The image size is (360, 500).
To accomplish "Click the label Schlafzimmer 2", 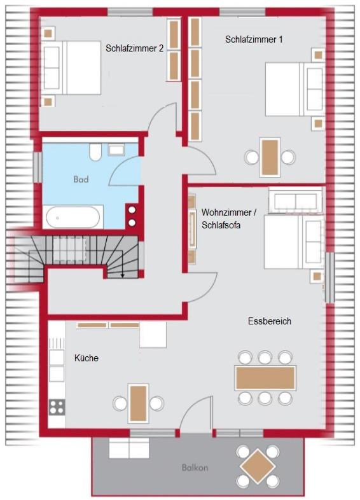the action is [x=134, y=48].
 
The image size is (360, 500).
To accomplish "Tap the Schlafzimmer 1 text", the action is [x=254, y=39].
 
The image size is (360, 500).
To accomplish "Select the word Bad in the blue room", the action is [x=81, y=179].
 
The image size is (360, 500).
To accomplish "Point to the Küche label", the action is [x=86, y=358].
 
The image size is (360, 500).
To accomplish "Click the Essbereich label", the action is [x=270, y=321].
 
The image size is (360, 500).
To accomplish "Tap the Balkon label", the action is [x=195, y=468].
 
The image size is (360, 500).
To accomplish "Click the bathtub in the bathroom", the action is [x=73, y=217].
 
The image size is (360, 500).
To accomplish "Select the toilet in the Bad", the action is [x=95, y=152].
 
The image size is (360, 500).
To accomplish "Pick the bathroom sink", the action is [x=116, y=149].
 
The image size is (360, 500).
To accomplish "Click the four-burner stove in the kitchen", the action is [x=57, y=407].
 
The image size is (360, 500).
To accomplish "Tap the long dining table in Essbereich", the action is [x=265, y=378].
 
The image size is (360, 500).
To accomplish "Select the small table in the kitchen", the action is [x=138, y=403].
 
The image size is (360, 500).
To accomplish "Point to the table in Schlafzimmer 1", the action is [x=270, y=157].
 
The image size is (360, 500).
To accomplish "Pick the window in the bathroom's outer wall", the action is [x=38, y=167].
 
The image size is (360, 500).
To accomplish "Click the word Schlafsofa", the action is [x=221, y=225].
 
